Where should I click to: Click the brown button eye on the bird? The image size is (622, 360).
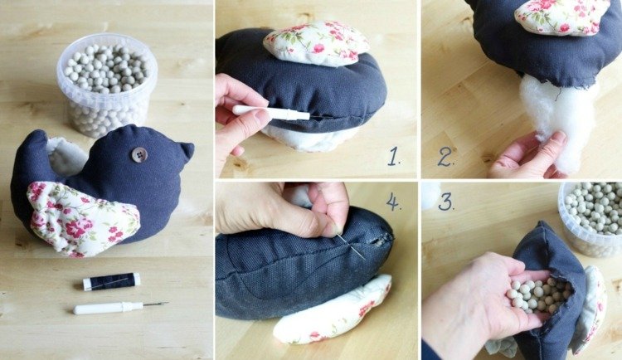point(139,155)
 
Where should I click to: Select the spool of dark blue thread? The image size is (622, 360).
point(111,281)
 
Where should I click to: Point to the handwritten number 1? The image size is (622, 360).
point(393,156)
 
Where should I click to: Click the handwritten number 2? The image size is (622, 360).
point(446,157)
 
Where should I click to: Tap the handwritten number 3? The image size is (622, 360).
point(446,202)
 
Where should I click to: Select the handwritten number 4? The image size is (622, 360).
point(393,202)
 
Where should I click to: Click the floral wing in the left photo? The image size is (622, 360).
point(82,218)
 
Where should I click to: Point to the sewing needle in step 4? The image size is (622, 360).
point(352,247)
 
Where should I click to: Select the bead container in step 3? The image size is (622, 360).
point(591,217)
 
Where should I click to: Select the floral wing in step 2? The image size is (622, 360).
point(562,16)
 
